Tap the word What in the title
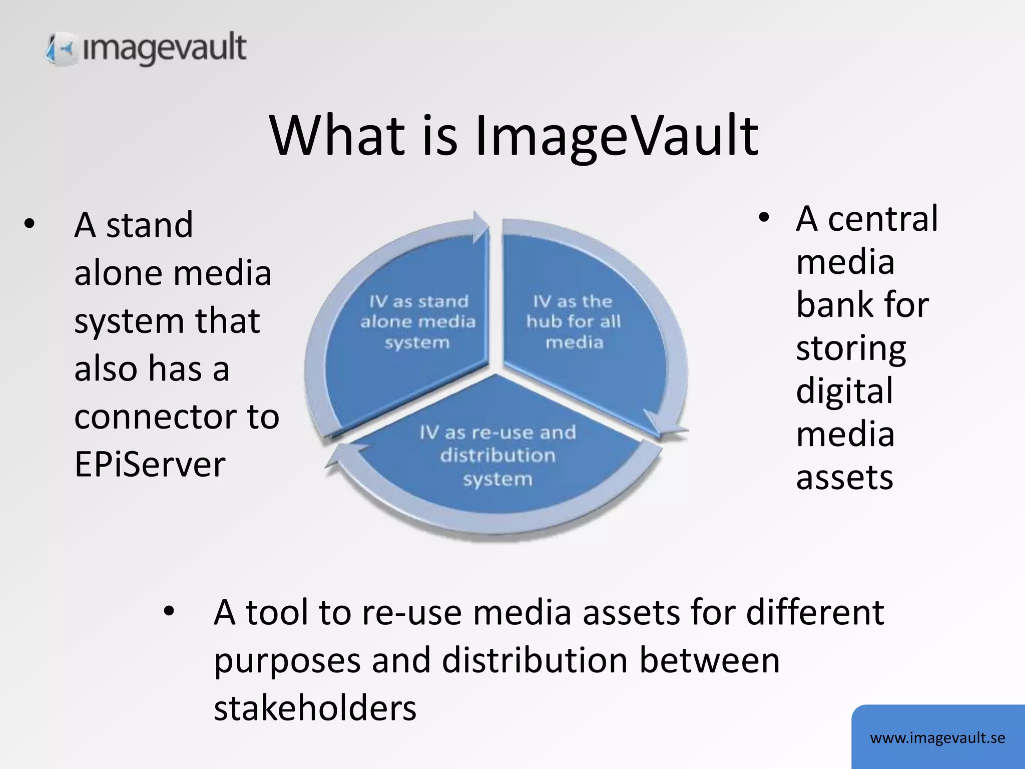tap(336, 135)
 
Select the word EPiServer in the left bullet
tap(150, 465)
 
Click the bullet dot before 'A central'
tap(763, 218)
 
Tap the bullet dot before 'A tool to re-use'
tap(169, 612)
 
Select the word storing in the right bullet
tap(851, 348)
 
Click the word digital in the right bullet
tap(844, 391)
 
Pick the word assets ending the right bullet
tap(844, 477)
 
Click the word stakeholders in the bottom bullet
tap(315, 708)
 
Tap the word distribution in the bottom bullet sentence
tap(534, 660)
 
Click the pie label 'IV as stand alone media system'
tap(418, 322)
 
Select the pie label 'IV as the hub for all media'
tap(574, 322)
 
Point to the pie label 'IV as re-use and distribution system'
tap(497, 455)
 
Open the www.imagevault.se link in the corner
tap(937, 738)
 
